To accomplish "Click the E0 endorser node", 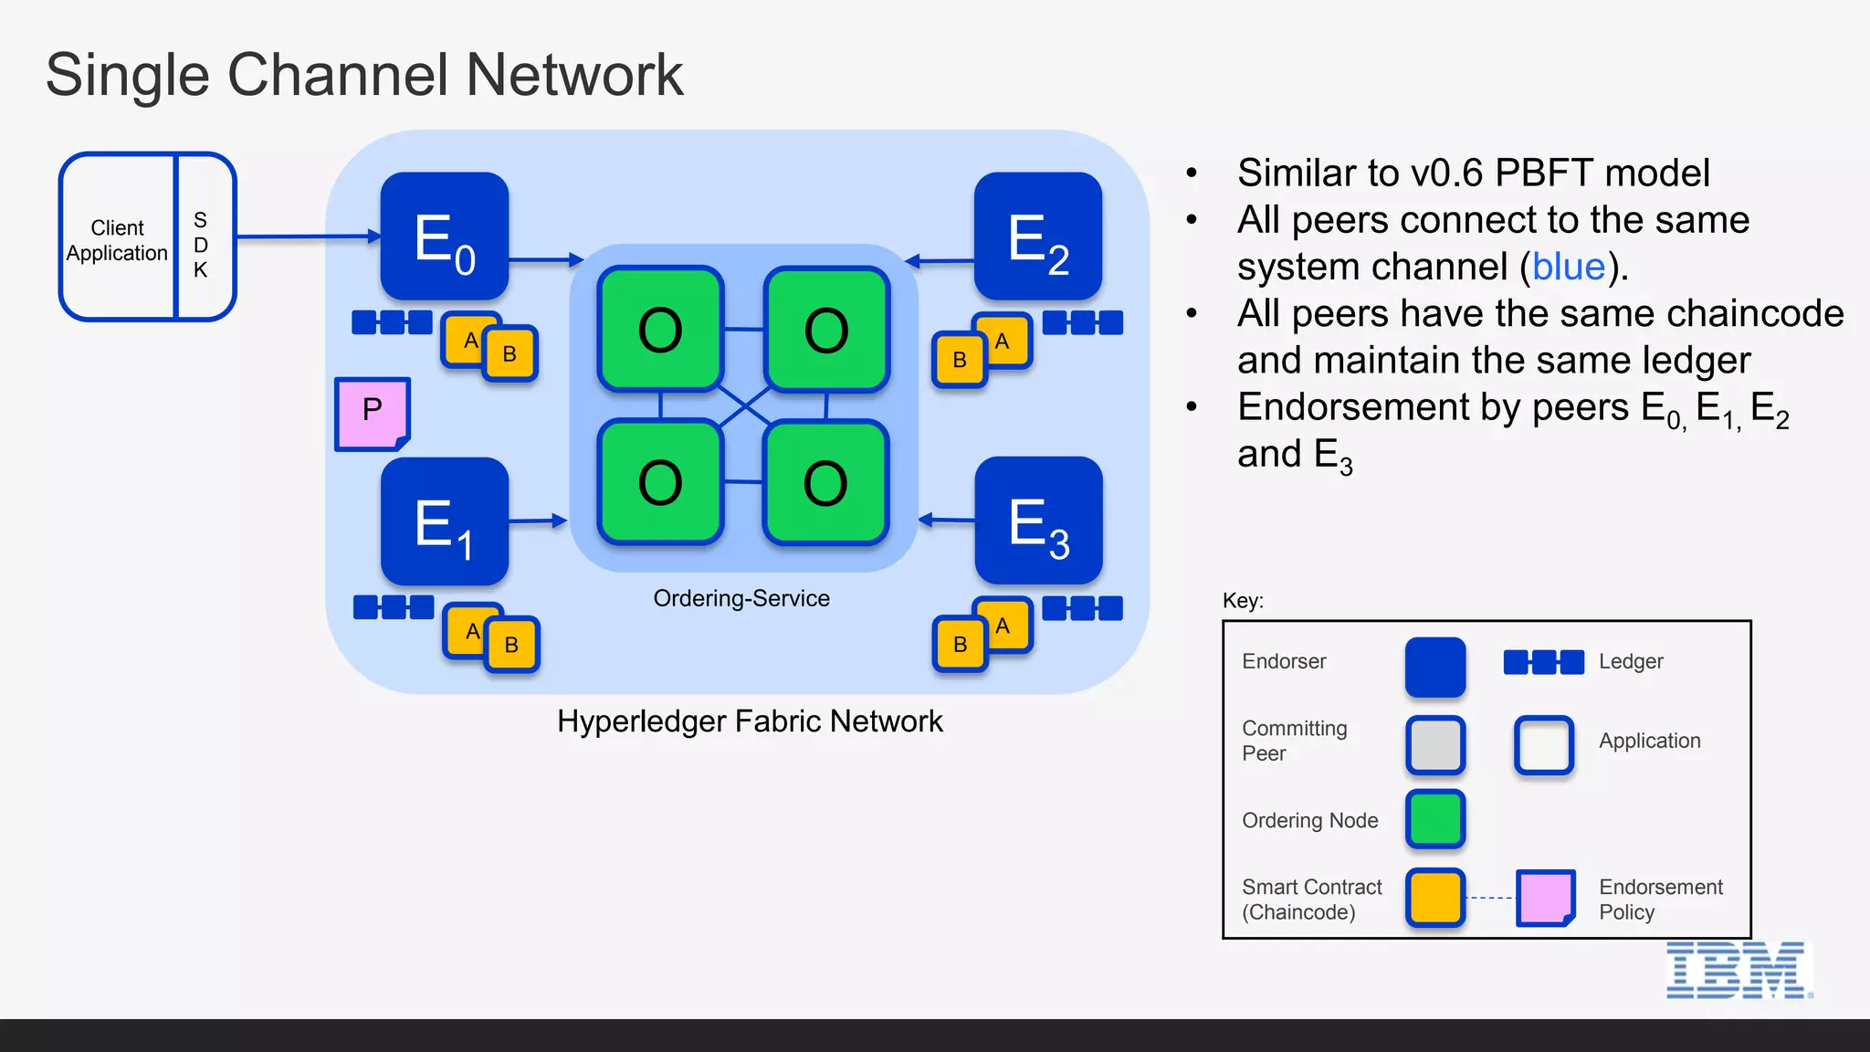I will coord(444,237).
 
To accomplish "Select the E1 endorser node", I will coord(444,521).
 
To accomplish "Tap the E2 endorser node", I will coord(1038,237).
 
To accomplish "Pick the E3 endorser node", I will coord(1038,521).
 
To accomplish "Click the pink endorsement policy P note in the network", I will coord(372,413).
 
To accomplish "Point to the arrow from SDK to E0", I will coord(309,237).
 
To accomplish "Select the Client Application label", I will coord(117,240).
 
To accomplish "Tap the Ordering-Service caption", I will coord(741,598).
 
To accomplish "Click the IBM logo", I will coord(1738,971).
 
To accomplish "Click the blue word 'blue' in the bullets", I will coord(1569,267).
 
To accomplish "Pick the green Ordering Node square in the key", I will coord(1435,819).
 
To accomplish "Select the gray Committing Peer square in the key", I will coord(1435,744).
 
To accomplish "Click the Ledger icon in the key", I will coord(1543,662).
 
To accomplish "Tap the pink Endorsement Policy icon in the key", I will coord(1545,898).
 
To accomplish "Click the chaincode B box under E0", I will coord(510,353).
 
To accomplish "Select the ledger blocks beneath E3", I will coord(1082,608).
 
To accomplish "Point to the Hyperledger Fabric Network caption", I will coord(750,721).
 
